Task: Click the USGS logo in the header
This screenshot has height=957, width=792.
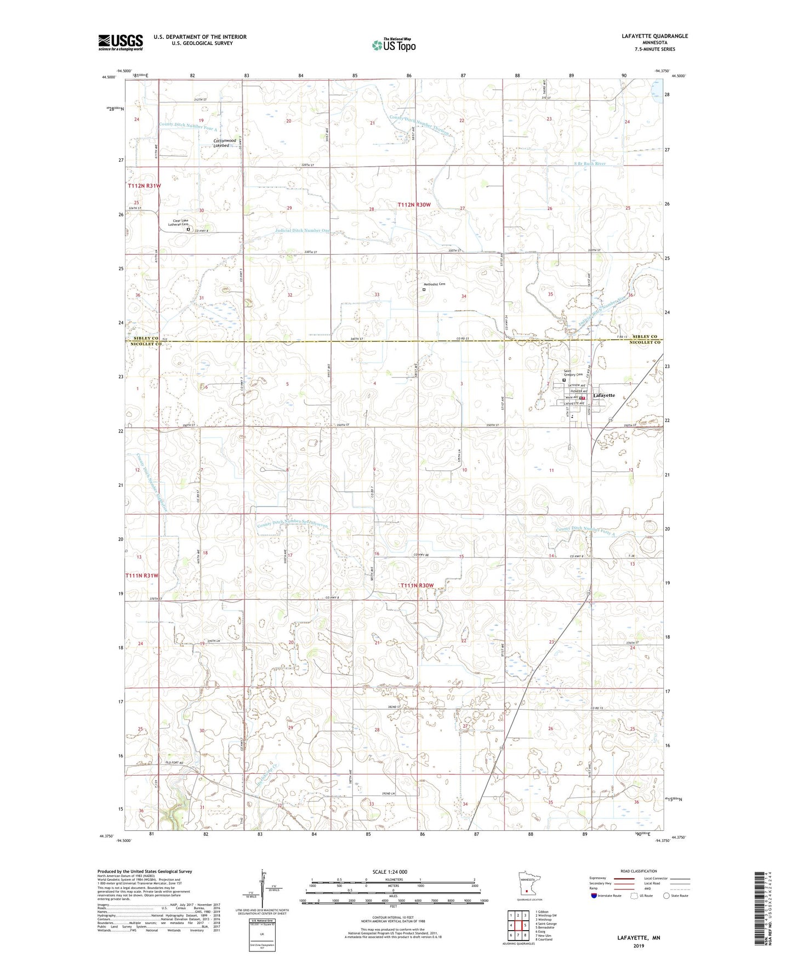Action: point(120,42)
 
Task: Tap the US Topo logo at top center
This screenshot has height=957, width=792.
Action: point(393,45)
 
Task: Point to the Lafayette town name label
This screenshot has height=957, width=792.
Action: point(603,395)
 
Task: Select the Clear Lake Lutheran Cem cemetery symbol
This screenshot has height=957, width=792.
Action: point(188,230)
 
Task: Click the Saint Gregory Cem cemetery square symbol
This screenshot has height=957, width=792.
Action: point(564,379)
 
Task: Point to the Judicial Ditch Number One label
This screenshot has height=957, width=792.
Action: point(302,231)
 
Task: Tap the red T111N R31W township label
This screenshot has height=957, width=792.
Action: point(143,576)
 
